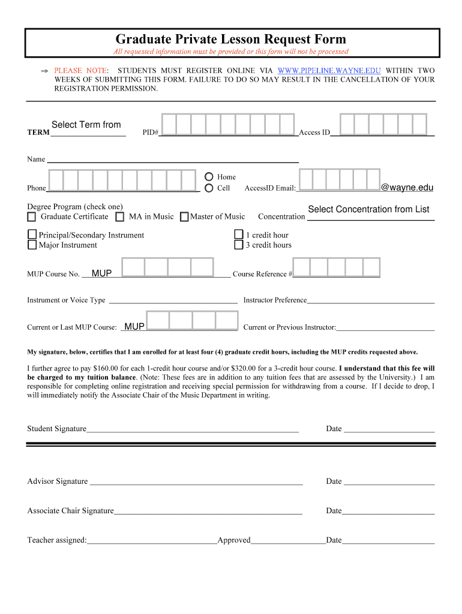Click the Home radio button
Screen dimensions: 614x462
(x=209, y=177)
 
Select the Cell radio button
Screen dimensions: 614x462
(x=209, y=188)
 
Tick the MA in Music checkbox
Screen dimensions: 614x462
(x=120, y=216)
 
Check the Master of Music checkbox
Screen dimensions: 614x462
(x=184, y=216)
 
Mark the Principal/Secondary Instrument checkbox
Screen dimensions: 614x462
(x=32, y=234)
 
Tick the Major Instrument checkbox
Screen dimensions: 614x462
(x=32, y=245)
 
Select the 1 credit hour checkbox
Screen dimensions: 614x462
(x=239, y=234)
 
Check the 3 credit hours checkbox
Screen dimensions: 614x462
(x=239, y=245)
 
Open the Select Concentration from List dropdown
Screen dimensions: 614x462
(x=368, y=209)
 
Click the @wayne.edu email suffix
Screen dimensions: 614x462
(x=407, y=188)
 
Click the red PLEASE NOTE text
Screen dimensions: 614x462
(x=77, y=71)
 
